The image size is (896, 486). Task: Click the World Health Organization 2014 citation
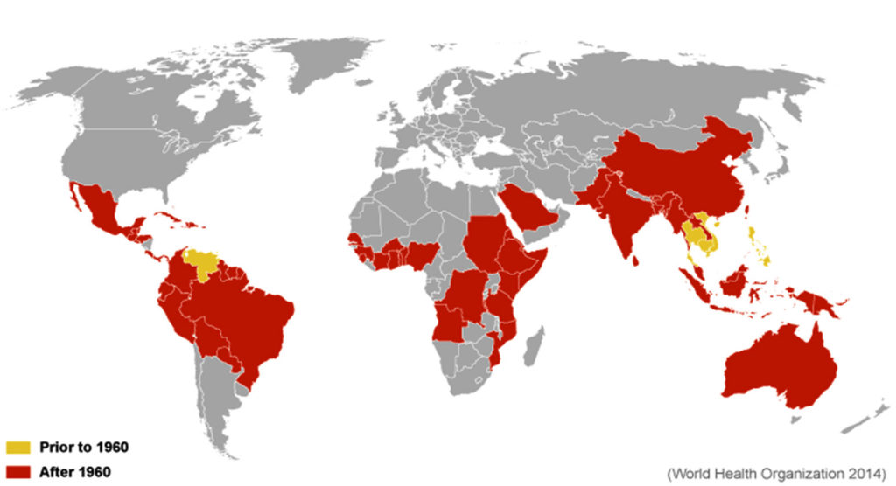coord(776,473)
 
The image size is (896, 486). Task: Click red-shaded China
coord(691,170)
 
